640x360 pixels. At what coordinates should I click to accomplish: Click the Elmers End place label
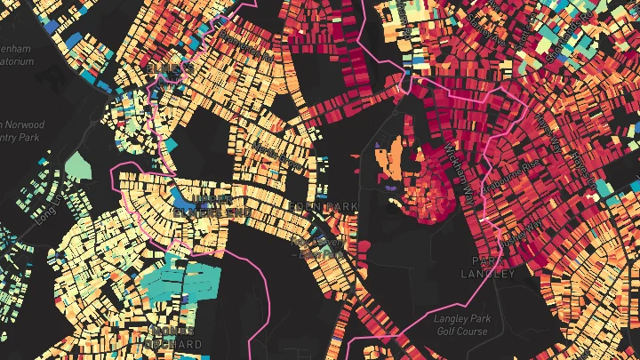point(172,68)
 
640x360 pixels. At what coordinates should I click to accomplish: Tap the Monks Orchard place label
point(172,337)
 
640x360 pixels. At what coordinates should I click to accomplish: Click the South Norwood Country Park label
point(20,132)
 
